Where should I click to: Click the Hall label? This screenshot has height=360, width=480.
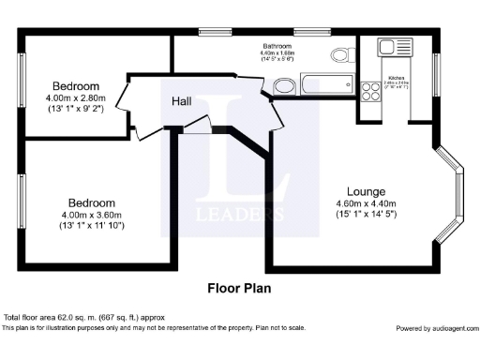tap(184, 100)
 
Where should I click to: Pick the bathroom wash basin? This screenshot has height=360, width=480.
tap(282, 87)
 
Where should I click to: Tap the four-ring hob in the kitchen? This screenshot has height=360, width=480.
tap(370, 92)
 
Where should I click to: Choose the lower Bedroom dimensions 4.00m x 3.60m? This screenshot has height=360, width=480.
tap(91, 215)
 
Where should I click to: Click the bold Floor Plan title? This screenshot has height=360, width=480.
tap(239, 288)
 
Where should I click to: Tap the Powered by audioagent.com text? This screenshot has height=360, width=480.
tap(435, 328)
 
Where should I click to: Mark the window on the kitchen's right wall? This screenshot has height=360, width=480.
tap(436, 74)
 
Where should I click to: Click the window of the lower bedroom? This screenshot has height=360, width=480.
tap(22, 202)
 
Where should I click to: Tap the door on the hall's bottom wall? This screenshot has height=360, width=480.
tap(199, 129)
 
